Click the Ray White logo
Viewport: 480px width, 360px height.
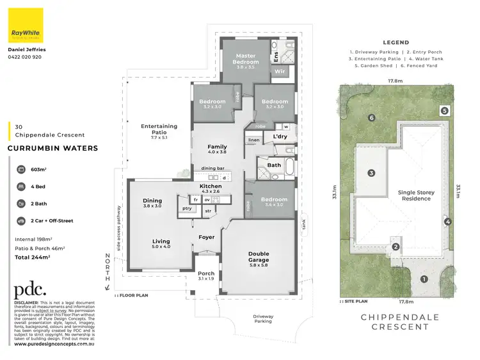pos(26,25)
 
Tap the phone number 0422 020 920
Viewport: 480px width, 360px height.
pos(25,57)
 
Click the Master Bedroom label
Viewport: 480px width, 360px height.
pos(245,60)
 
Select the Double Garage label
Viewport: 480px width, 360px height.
pos(259,258)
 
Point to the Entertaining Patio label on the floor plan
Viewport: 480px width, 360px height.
pos(159,131)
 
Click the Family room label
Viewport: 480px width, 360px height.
pos(218,149)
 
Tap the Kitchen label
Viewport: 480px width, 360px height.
pos(211,186)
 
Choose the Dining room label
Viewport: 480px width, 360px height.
pos(152,203)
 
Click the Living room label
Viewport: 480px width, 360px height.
pos(161,243)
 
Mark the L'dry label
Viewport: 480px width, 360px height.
pos(279,137)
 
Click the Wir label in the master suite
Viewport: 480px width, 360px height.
pos(279,72)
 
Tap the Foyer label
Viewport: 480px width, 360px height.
pos(206,237)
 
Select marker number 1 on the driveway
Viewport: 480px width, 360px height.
pos(423,279)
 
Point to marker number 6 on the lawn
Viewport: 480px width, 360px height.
pos(371,117)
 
